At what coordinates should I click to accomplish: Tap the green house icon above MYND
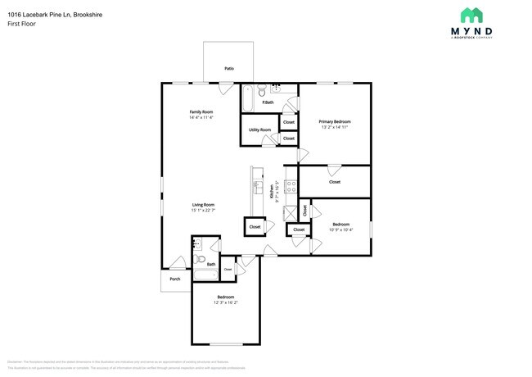click(471, 15)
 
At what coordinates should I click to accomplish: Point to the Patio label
click(229, 68)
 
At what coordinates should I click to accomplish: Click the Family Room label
click(201, 111)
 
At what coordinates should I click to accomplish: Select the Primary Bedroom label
click(334, 121)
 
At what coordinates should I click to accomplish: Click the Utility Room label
click(259, 130)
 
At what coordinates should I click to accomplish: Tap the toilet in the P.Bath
click(259, 92)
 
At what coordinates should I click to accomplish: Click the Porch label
click(174, 279)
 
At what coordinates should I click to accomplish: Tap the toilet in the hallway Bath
click(200, 258)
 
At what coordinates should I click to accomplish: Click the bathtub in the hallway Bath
click(205, 276)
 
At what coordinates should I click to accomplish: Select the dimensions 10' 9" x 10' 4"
click(340, 229)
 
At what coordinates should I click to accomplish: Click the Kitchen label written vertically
click(271, 192)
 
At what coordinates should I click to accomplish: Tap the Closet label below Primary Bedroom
click(334, 182)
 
